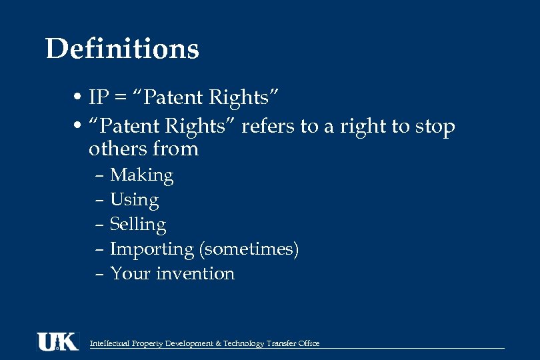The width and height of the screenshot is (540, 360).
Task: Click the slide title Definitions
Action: (x=122, y=49)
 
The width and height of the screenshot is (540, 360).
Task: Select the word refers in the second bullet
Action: (x=269, y=126)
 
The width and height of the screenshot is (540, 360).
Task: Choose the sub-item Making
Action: (x=141, y=175)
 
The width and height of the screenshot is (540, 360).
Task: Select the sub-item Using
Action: (x=134, y=200)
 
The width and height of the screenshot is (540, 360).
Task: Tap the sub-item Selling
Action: (x=138, y=224)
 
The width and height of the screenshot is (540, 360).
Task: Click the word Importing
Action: (x=151, y=249)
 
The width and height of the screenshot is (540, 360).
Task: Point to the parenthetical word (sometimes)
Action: (x=249, y=249)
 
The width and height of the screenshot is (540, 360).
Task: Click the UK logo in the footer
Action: (x=57, y=341)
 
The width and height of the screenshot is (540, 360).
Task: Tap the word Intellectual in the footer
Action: (x=110, y=343)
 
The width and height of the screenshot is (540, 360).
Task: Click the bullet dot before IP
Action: (x=78, y=98)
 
